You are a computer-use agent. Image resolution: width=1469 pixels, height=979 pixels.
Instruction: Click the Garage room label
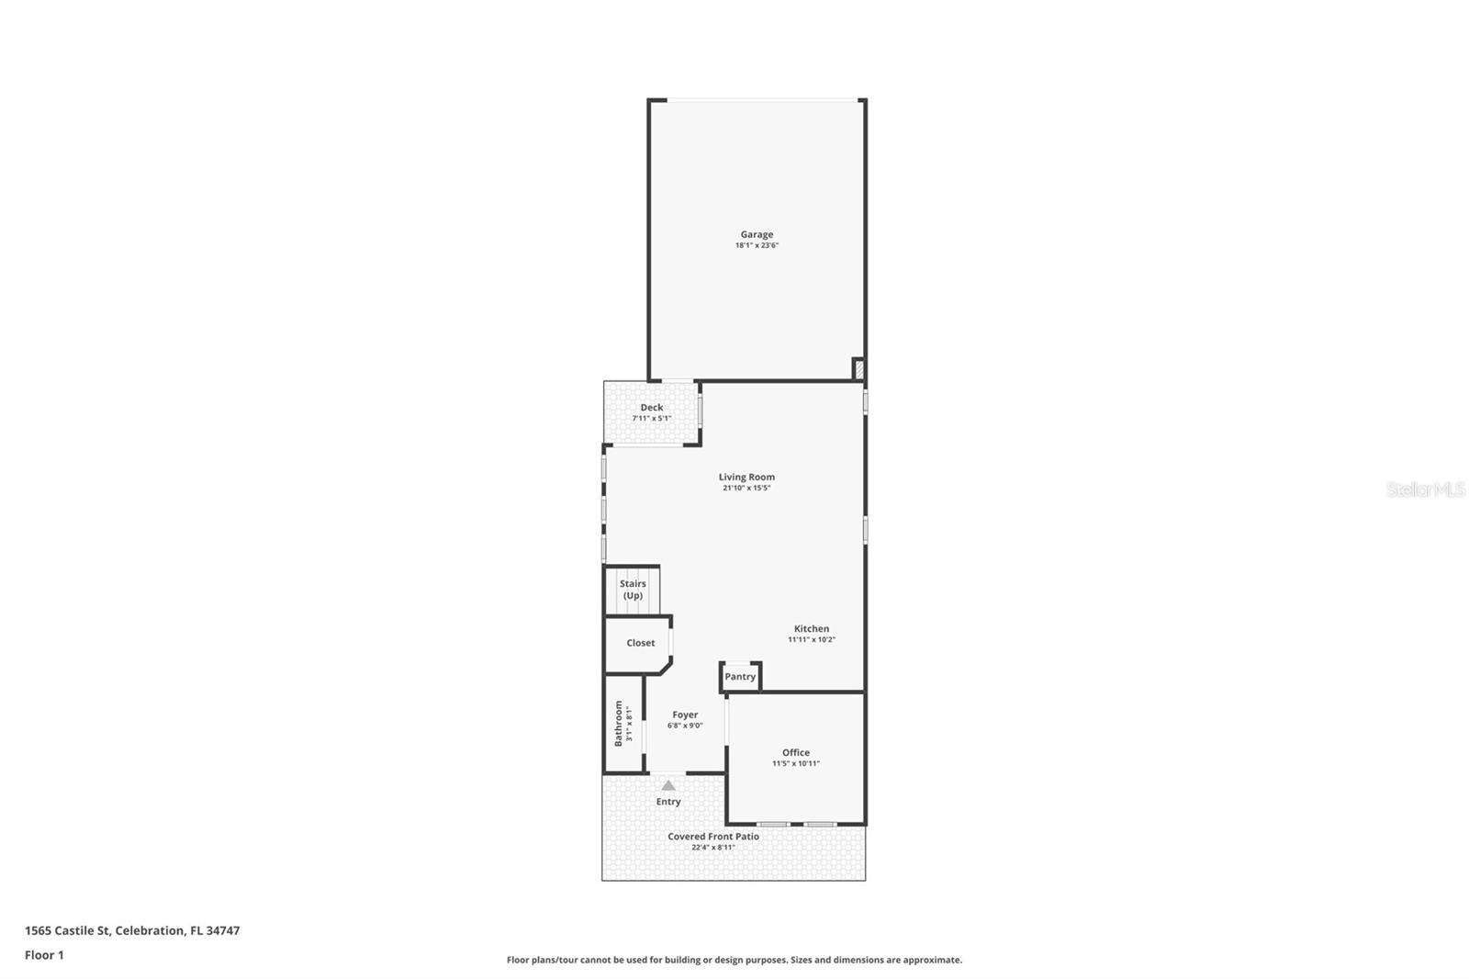pyautogui.click(x=757, y=234)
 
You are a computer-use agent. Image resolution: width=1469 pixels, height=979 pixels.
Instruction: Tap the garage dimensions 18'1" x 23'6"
pyautogui.click(x=757, y=246)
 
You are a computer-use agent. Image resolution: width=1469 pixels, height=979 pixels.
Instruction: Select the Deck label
pyautogui.click(x=651, y=407)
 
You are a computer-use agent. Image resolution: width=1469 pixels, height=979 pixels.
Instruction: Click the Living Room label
pyautogui.click(x=746, y=477)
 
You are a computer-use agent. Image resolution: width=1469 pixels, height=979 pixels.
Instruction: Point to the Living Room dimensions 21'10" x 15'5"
pyautogui.click(x=746, y=489)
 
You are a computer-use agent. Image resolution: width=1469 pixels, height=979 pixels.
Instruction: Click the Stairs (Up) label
pyautogui.click(x=633, y=590)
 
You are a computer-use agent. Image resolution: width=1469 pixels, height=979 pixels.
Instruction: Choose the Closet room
pyautogui.click(x=640, y=643)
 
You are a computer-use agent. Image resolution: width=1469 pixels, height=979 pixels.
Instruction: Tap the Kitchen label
pyautogui.click(x=811, y=629)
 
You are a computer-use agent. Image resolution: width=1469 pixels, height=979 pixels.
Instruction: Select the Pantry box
pyautogui.click(x=740, y=677)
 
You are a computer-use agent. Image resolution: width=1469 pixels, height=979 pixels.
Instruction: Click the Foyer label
pyautogui.click(x=685, y=715)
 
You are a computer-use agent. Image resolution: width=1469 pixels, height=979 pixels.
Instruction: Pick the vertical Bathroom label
pyautogui.click(x=618, y=723)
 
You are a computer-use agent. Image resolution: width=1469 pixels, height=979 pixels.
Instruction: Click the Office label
pyautogui.click(x=795, y=752)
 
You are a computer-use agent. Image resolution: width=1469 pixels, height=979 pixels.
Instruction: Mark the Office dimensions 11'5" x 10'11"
pyautogui.click(x=795, y=764)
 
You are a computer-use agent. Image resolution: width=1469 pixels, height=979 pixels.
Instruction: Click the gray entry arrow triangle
pyautogui.click(x=668, y=786)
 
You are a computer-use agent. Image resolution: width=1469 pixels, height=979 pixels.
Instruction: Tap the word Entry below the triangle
pyautogui.click(x=668, y=802)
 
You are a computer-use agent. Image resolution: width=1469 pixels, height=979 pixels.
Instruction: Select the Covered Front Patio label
pyautogui.click(x=712, y=837)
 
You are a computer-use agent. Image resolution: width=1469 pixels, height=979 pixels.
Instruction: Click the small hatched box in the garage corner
pyautogui.click(x=858, y=369)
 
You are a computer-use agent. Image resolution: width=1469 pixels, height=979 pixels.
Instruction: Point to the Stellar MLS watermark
pyautogui.click(x=1425, y=489)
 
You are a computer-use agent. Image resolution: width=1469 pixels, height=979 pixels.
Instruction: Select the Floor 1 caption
pyautogui.click(x=44, y=955)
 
